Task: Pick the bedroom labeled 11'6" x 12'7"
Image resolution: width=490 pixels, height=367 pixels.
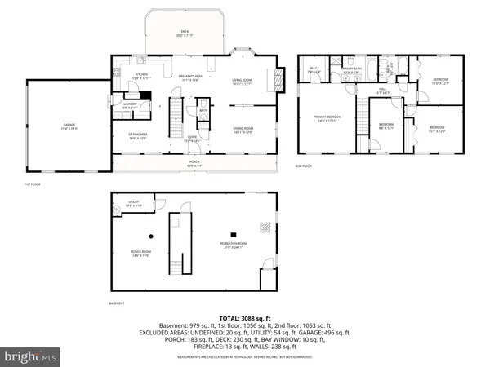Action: [x=440, y=81]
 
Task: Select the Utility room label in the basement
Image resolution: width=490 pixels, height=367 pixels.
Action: [x=134, y=204]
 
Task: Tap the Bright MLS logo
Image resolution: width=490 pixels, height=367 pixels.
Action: [x=31, y=356]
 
